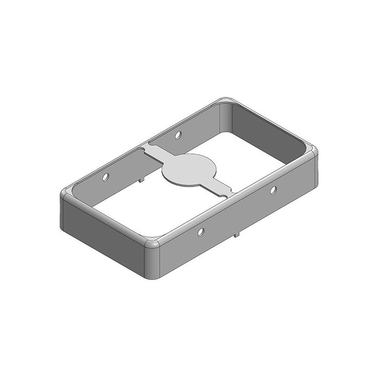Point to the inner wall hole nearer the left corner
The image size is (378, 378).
[106, 178]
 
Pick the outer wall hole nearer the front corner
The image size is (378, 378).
[201, 232]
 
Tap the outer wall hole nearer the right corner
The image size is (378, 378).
[273, 190]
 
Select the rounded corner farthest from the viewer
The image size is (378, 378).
[226, 102]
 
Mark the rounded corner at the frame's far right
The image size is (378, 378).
[311, 152]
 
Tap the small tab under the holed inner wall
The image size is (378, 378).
[140, 179]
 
